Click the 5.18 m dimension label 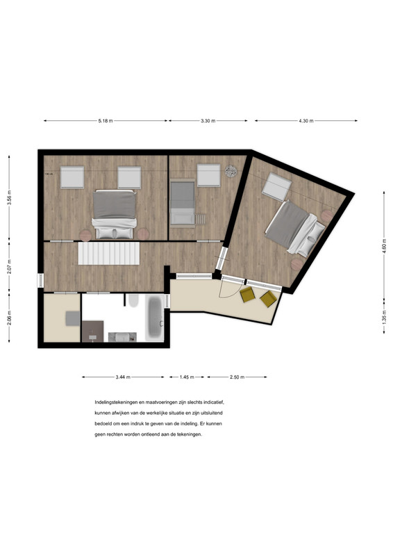[x=106, y=120]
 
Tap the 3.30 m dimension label [x=208, y=120]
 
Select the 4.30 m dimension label [x=306, y=120]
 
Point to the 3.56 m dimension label [x=9, y=197]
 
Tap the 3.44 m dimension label [x=123, y=377]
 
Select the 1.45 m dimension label [x=187, y=377]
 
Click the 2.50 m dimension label [x=237, y=377]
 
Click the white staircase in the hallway [x=109, y=253]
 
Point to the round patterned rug [x=231, y=171]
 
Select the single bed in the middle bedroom [x=182, y=203]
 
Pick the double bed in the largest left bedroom [x=114, y=214]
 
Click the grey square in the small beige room [x=73, y=318]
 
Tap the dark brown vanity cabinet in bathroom [x=92, y=332]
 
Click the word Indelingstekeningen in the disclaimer [x=115, y=402]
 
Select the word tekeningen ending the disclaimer [x=191, y=434]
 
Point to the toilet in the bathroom [x=133, y=301]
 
